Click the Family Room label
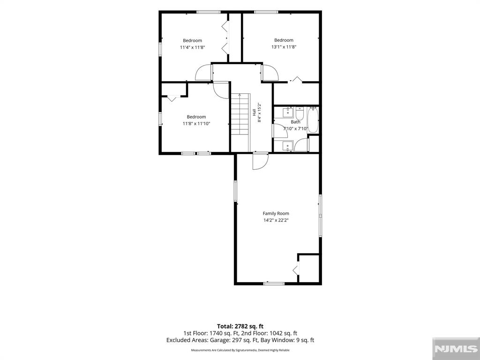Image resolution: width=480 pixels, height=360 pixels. [276, 213]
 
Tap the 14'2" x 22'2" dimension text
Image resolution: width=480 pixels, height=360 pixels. [276, 220]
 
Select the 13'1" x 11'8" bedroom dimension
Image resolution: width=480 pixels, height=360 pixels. [284, 47]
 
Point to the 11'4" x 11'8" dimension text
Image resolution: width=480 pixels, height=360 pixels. [192, 47]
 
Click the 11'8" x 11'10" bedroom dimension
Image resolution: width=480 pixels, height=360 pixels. [196, 124]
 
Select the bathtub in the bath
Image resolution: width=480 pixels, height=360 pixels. [313, 120]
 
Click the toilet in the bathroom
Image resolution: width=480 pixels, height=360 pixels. [300, 113]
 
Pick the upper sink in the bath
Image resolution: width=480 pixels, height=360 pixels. [288, 112]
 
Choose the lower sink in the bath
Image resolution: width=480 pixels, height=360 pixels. [288, 146]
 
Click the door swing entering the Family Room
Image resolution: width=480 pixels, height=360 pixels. [260, 161]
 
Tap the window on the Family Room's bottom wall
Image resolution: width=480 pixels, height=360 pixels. [274, 284]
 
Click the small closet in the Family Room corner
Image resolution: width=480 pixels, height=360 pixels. [308, 268]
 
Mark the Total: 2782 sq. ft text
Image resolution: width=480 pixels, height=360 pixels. [240, 326]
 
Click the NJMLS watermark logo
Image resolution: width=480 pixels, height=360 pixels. [456, 349]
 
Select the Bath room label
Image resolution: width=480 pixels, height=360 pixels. [295, 122]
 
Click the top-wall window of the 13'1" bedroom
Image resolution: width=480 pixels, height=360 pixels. [266, 12]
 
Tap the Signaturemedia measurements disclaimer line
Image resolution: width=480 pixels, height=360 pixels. [240, 350]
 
